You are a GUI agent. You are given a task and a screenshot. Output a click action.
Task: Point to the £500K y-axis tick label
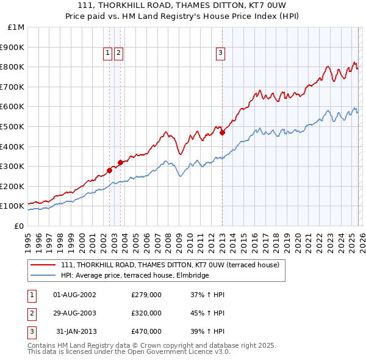point(13,126)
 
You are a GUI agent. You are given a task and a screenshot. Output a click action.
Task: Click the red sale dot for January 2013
point(223,132)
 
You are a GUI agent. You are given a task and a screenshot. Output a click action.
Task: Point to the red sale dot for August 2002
point(110,170)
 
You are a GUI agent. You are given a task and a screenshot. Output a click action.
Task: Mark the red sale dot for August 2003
point(121,162)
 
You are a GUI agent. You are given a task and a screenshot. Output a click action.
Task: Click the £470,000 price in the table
point(146,331)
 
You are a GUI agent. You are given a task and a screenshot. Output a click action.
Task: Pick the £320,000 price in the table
point(146,313)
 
